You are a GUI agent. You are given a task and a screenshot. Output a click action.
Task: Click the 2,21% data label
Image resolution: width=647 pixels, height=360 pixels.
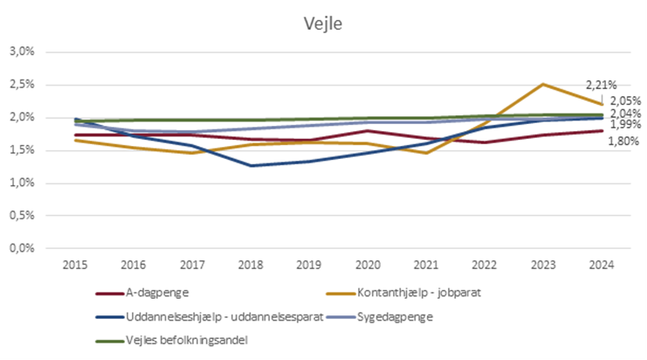tap(601, 85)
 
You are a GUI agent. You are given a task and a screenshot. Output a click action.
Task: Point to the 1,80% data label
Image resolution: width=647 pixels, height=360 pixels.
tap(623, 141)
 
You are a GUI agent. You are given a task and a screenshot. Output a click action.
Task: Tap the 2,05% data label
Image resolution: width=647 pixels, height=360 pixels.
tap(623, 100)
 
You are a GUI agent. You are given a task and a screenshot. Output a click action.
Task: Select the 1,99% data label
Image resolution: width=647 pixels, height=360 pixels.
tap(623, 125)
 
